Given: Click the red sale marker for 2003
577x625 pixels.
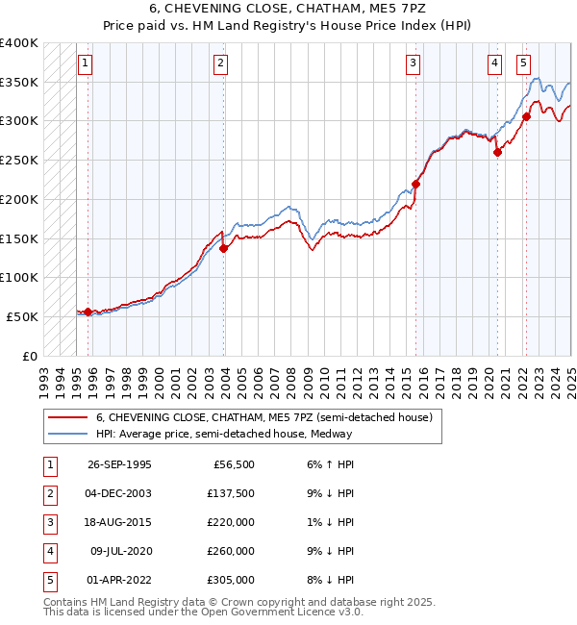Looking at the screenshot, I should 223,248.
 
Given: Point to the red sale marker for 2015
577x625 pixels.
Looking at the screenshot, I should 416,184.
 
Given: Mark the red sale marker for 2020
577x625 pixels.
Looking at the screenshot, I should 497,152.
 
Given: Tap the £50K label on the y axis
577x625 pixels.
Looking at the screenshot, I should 23,316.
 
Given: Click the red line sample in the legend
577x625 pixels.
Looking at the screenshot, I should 67,417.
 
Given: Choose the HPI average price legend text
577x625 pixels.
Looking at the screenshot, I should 224,434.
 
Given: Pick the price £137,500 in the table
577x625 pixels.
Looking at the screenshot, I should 231,493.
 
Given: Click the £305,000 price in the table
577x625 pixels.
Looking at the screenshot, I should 231,580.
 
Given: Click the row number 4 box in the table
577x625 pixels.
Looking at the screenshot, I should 48,551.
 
